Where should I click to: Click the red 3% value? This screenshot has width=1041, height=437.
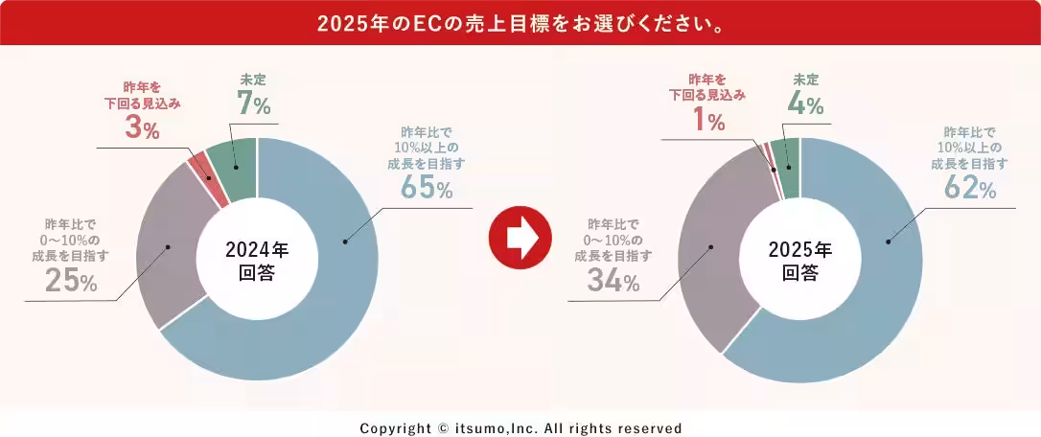(142, 129)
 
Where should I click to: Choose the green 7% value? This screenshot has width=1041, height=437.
(254, 103)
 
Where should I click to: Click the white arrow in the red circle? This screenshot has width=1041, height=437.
(520, 238)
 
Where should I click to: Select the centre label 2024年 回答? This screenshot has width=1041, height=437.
(256, 261)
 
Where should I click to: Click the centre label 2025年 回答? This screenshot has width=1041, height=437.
(799, 261)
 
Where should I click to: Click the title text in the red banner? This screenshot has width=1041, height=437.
(520, 21)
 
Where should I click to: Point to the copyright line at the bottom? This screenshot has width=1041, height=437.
(520, 428)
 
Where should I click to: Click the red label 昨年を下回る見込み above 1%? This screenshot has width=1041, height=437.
(706, 86)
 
